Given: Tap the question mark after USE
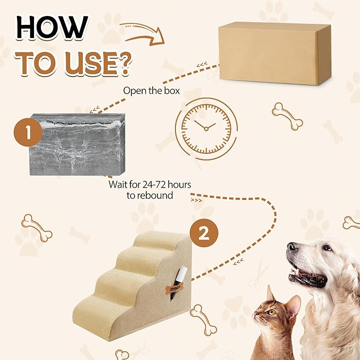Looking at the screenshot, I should point(120,62).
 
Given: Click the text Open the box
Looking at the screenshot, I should point(152,90).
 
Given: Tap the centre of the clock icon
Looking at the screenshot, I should point(206,127).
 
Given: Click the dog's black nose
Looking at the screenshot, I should point(293,248).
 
